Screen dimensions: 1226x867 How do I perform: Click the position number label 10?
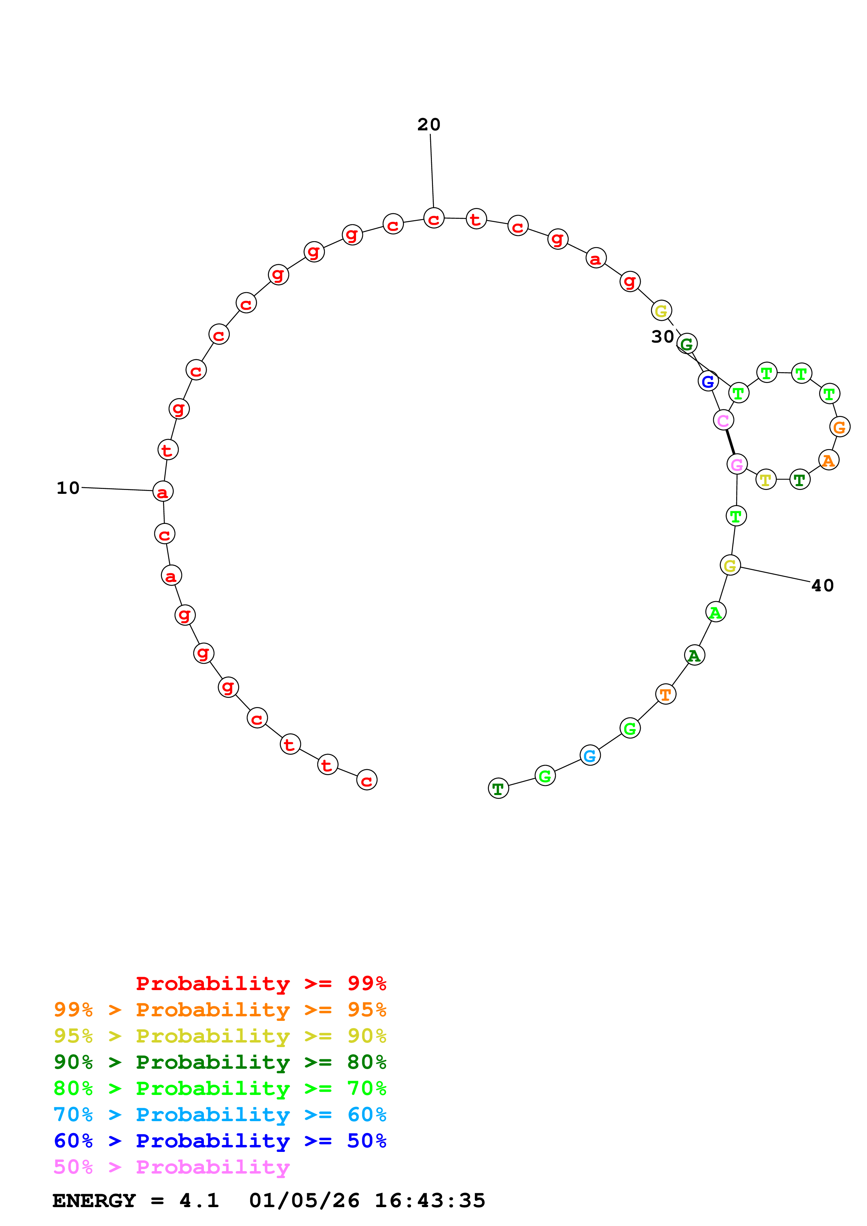[68, 488]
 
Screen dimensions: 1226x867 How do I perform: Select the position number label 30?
[662, 337]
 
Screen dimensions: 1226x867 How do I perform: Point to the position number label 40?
[822, 586]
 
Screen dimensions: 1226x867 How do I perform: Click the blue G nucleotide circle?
[708, 381]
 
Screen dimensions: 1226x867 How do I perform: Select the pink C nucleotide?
[723, 420]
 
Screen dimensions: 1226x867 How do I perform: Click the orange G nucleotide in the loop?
[840, 427]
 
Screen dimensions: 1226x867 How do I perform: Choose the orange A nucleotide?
[829, 460]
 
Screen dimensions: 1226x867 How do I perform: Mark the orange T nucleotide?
[666, 694]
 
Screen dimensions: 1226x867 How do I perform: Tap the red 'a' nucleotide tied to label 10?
[163, 492]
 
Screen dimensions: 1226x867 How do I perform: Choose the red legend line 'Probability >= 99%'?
[261, 983]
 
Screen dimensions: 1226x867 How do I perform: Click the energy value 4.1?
[199, 1200]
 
